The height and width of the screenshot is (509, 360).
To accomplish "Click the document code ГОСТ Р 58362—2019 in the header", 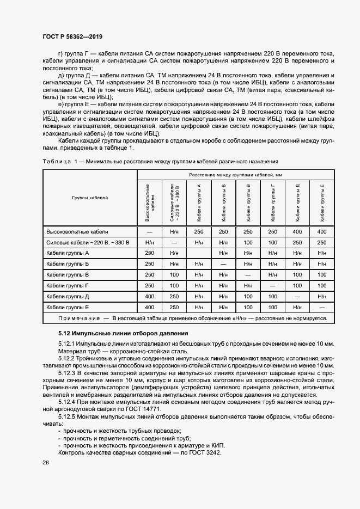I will (x=72, y=36).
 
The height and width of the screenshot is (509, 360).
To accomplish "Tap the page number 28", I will (x=46, y=463).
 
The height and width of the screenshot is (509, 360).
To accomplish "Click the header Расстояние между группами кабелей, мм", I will (x=235, y=175).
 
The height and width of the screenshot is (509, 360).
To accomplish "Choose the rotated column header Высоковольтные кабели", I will (x=150, y=203).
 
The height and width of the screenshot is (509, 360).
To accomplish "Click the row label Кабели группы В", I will (x=68, y=274).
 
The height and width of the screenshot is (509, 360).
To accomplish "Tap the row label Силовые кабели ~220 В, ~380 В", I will (x=88, y=242).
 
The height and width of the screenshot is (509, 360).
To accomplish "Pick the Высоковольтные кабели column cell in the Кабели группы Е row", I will (x=150, y=306).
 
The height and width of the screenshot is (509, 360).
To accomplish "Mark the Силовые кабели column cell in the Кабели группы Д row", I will (x=174, y=296).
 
